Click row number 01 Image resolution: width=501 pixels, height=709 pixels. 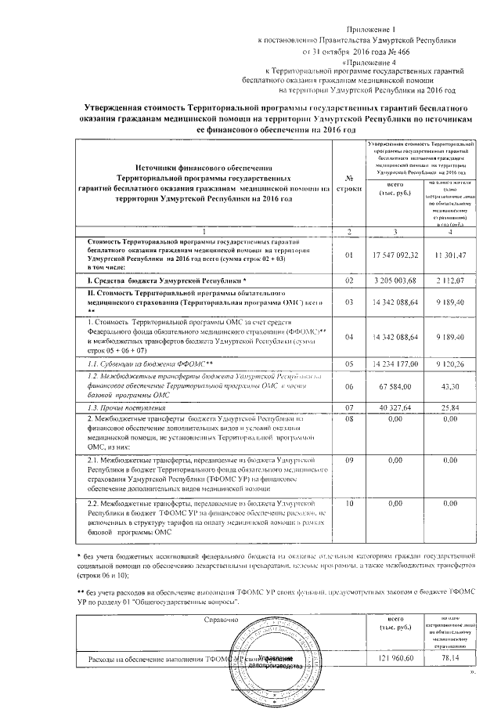pos(349,255)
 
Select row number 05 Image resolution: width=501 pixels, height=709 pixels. pos(349,364)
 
